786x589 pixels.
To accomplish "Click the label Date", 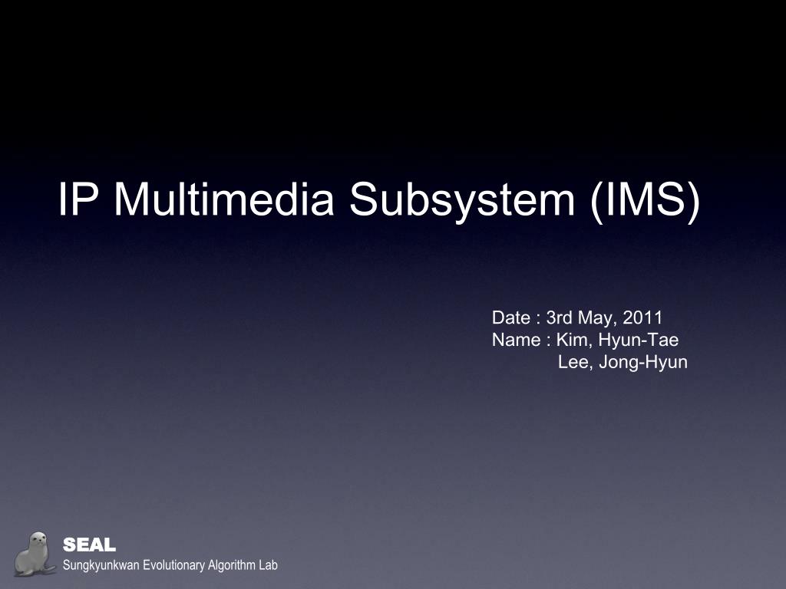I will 510,318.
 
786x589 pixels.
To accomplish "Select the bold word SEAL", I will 89,545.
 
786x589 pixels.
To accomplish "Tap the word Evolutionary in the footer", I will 169,566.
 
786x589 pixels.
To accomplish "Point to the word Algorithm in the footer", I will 227,566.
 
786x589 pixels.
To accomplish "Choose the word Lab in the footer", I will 268,566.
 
